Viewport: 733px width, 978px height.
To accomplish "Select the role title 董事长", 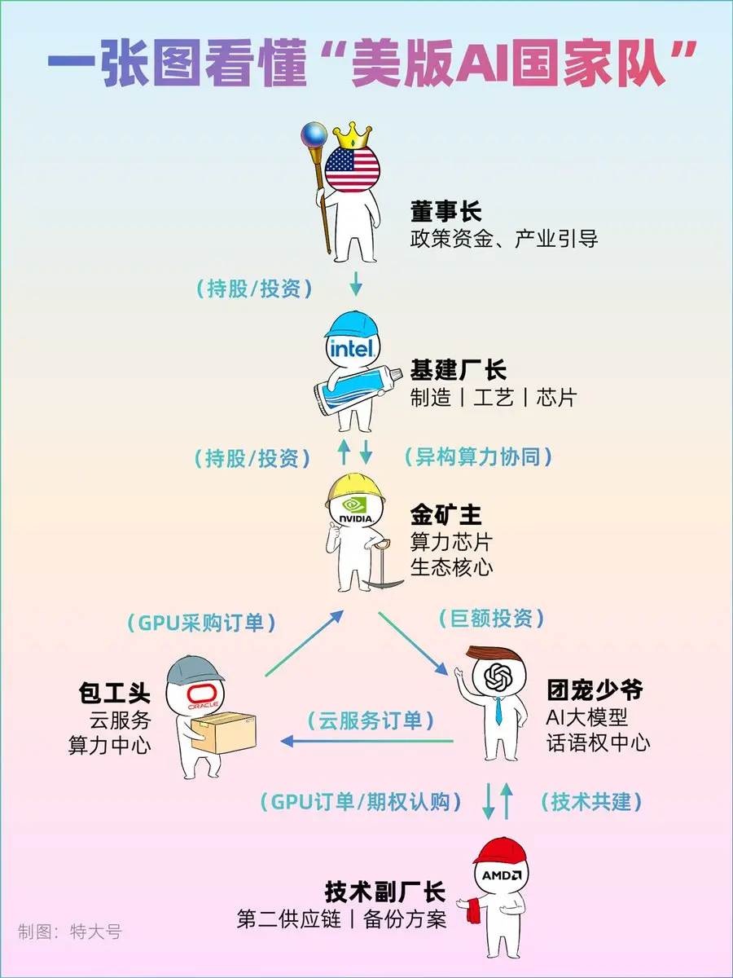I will point(446,213).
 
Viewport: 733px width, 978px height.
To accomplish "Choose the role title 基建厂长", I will point(458,371).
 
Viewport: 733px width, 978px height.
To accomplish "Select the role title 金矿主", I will point(446,514).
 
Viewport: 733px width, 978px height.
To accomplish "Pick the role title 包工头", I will point(115,694).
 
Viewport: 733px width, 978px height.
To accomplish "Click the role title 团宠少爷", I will point(595,691).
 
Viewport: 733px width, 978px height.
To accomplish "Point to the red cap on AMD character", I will point(499,852).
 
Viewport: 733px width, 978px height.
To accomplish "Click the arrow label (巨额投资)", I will point(491,619).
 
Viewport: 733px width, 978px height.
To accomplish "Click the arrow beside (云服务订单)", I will point(366,741).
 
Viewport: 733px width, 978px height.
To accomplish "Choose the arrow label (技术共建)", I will point(591,802).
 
